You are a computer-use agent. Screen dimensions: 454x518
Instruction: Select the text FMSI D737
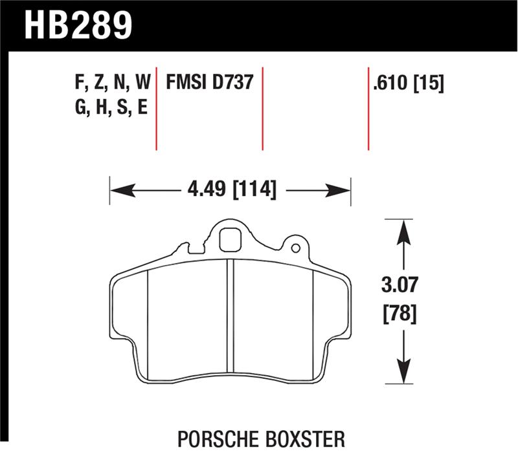[209, 83]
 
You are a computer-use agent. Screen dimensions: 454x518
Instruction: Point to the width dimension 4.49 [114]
[230, 190]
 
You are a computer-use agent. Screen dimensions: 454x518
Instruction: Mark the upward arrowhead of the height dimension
[403, 230]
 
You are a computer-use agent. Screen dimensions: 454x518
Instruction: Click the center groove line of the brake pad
[229, 317]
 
